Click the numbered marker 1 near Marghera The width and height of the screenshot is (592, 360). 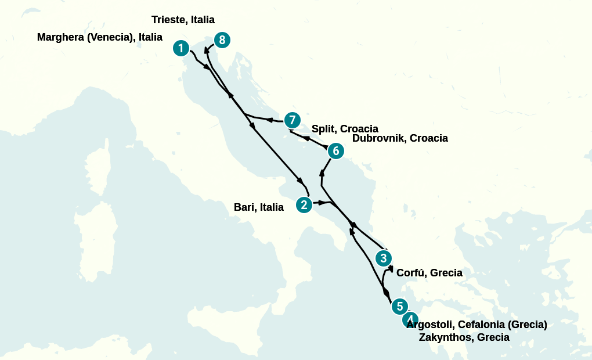181,48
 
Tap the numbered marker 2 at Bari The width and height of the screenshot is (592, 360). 304,204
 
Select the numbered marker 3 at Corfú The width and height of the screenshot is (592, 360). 383,258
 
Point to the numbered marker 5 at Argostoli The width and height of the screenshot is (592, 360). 399,306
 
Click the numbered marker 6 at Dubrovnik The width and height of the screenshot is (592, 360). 335,151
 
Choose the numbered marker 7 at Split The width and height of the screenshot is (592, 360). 292,120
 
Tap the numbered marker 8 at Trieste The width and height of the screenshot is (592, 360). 222,40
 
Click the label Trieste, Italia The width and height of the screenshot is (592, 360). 183,20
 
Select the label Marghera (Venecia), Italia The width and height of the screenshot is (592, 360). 100,37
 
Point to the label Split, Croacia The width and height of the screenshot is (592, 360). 345,128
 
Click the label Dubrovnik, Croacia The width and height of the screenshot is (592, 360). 400,138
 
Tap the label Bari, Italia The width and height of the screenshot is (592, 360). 259,207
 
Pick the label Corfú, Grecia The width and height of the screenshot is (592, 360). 429,273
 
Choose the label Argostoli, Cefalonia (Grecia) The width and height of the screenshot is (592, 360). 477,324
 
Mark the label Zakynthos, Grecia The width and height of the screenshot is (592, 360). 464,337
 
